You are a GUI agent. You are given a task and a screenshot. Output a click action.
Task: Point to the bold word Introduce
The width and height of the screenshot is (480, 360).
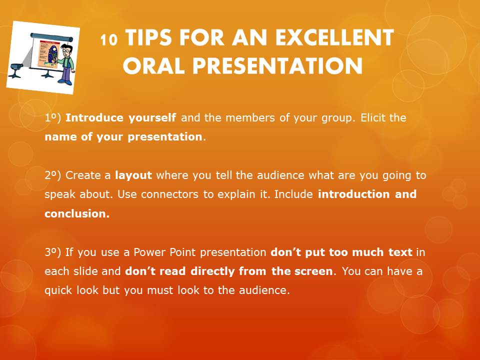click(x=95, y=118)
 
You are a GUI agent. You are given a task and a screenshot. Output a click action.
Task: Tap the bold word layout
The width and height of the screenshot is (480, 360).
click(x=133, y=175)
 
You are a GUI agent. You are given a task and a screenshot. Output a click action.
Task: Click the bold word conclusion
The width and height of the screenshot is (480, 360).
click(x=76, y=213)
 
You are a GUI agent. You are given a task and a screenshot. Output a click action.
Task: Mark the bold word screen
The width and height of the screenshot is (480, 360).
click(x=313, y=271)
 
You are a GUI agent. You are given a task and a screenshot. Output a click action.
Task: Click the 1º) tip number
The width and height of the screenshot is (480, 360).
click(x=52, y=118)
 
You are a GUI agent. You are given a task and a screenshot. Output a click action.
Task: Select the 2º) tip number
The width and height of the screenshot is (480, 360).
click(x=52, y=175)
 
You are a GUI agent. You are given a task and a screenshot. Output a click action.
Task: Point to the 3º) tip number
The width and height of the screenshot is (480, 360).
click(x=52, y=252)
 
